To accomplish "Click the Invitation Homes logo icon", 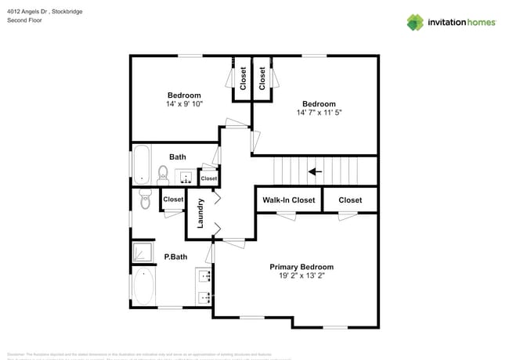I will click(415, 22).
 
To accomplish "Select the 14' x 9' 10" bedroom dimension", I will click(184, 104).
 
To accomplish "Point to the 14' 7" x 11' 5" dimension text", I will click(319, 113).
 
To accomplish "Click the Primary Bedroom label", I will click(301, 266).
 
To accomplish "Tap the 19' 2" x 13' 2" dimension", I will click(301, 275).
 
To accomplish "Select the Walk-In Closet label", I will click(288, 200).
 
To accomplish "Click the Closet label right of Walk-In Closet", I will click(350, 200).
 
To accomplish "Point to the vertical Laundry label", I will click(200, 213).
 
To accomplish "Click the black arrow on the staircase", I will click(315, 171).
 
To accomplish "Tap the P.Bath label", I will click(175, 257).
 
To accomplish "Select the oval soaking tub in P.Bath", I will click(144, 286).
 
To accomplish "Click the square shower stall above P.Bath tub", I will click(143, 250).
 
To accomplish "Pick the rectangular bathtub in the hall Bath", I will click(142, 164).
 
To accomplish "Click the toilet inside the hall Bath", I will click(164, 172).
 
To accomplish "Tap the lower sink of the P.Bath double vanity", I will click(205, 297).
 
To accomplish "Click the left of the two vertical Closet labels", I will click(243, 78).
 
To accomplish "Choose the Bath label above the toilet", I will click(178, 157).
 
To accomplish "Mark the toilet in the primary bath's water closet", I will click(144, 199).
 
